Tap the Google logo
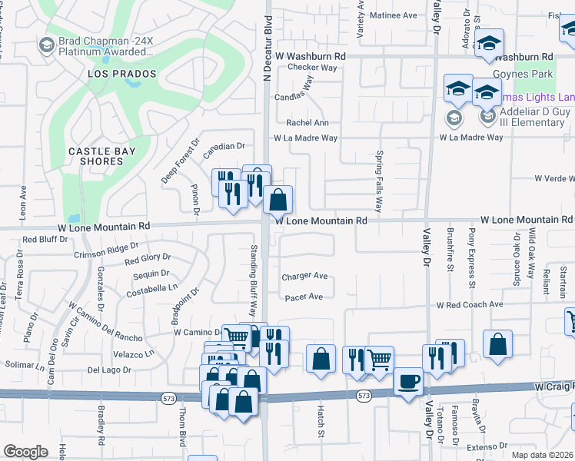(x=25, y=452)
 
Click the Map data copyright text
(x=542, y=455)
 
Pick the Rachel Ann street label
(x=307, y=123)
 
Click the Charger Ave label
(x=304, y=277)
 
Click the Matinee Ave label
(x=394, y=15)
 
